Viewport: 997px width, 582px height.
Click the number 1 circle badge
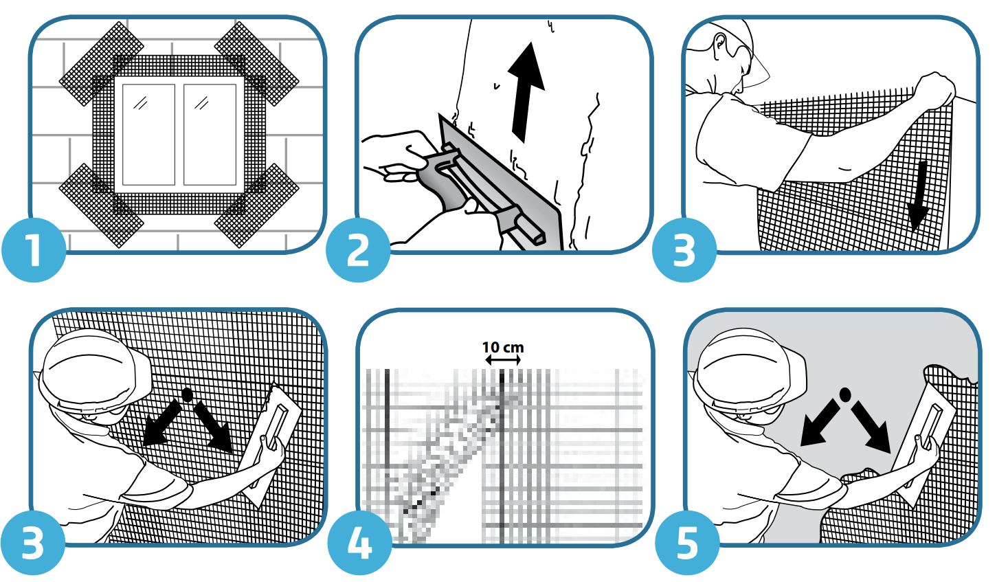(34, 249)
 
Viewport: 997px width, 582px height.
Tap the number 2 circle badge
(358, 249)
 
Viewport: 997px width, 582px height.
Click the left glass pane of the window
(148, 135)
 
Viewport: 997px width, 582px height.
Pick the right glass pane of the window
(210, 135)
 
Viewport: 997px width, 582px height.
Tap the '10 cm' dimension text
(503, 347)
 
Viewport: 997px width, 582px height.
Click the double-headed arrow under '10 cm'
(503, 360)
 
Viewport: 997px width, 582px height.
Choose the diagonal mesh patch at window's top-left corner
(102, 64)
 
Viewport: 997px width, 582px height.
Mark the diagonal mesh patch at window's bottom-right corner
(256, 205)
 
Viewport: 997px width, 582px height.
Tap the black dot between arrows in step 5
(844, 394)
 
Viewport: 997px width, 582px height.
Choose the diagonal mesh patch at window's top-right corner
(256, 64)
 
